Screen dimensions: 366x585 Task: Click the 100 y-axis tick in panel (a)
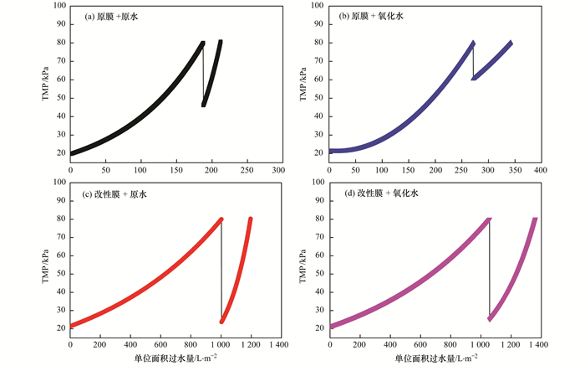click(61, 7)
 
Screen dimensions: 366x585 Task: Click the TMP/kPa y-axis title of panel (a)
click(46, 83)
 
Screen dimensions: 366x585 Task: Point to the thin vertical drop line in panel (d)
click(490, 268)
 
